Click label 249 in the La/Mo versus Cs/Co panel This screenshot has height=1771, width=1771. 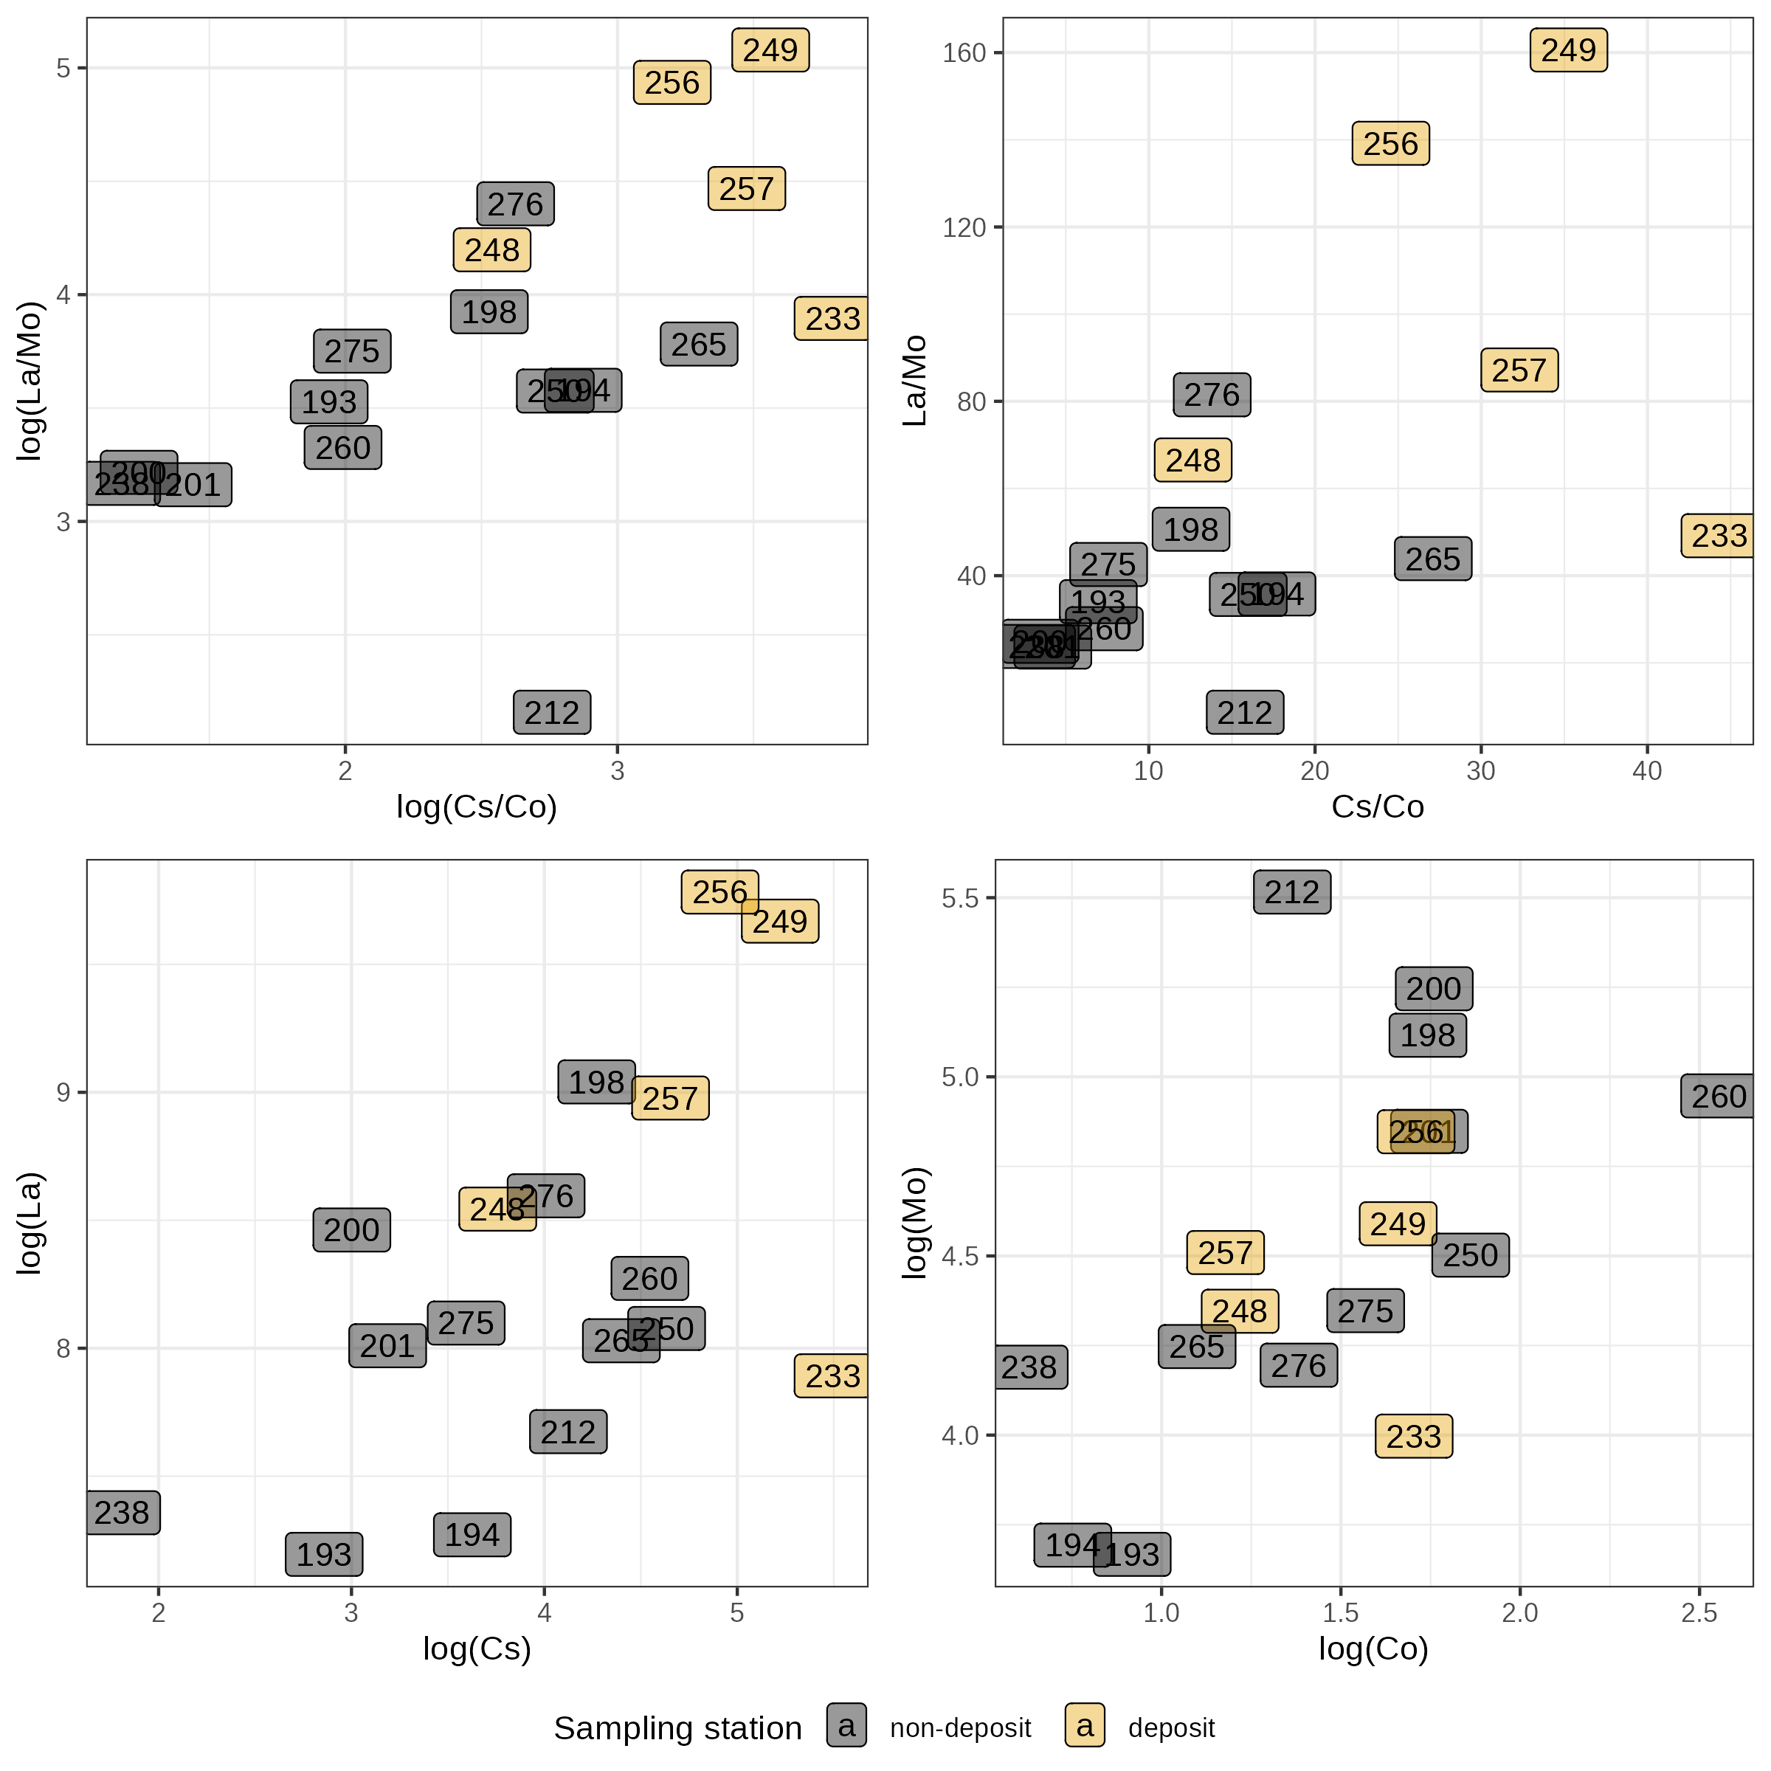click(x=1568, y=50)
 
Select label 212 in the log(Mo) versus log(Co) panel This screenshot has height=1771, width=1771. click(x=1291, y=892)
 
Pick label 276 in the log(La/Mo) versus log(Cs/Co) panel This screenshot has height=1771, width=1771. click(x=515, y=204)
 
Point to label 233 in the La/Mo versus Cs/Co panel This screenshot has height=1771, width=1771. click(x=1719, y=535)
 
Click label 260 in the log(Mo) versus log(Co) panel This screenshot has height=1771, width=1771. click(x=1719, y=1097)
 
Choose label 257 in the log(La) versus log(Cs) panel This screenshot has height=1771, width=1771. click(x=670, y=1098)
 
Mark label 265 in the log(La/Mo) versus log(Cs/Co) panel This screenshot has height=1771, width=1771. click(x=699, y=345)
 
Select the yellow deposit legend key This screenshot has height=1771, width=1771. click(x=1085, y=1726)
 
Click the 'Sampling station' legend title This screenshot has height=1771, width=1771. click(x=677, y=1728)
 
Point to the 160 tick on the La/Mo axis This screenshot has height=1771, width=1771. click(x=964, y=53)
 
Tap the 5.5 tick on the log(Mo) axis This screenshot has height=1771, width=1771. click(x=960, y=897)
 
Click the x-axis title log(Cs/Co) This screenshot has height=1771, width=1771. click(x=477, y=807)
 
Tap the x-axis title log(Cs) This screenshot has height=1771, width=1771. click(x=477, y=1649)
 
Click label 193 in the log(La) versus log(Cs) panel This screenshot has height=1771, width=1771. click(x=324, y=1555)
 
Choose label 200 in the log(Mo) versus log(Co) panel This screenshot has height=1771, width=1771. click(x=1434, y=989)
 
